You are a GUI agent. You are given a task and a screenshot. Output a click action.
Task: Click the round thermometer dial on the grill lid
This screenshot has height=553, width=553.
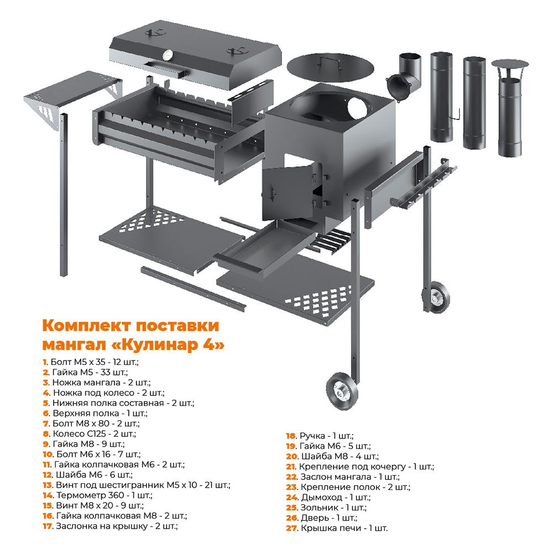pyautogui.click(x=168, y=55)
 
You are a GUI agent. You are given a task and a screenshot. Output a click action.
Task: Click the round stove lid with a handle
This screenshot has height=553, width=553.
pyautogui.click(x=330, y=67)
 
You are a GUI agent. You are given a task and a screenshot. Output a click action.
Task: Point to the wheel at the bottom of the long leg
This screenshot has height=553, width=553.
pyautogui.click(x=341, y=391)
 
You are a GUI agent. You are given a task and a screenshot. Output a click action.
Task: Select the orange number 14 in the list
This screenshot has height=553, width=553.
pyautogui.click(x=48, y=495)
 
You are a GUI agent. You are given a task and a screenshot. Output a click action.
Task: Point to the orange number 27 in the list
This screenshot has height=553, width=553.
pyautogui.click(x=291, y=528)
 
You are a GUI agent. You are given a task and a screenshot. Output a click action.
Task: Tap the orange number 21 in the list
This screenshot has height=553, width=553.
pyautogui.click(x=291, y=467)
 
